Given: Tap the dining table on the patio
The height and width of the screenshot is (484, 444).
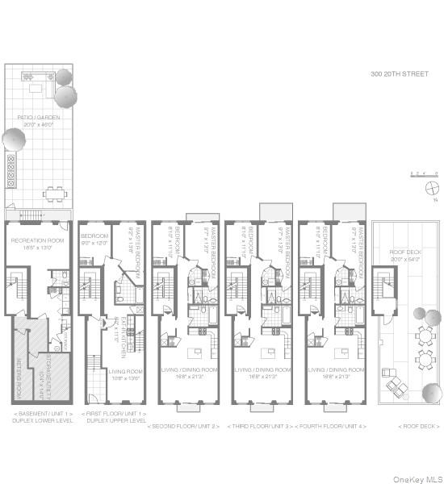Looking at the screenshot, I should pos(55,193).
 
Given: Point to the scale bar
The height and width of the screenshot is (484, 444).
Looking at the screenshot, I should pos(423,173).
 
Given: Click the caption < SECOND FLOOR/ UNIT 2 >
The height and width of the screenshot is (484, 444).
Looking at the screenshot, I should pos(184,426).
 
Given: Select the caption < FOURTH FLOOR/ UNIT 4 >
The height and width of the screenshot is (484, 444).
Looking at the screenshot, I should pos(331,426).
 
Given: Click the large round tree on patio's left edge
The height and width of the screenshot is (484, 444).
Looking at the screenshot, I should pos(13,140).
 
